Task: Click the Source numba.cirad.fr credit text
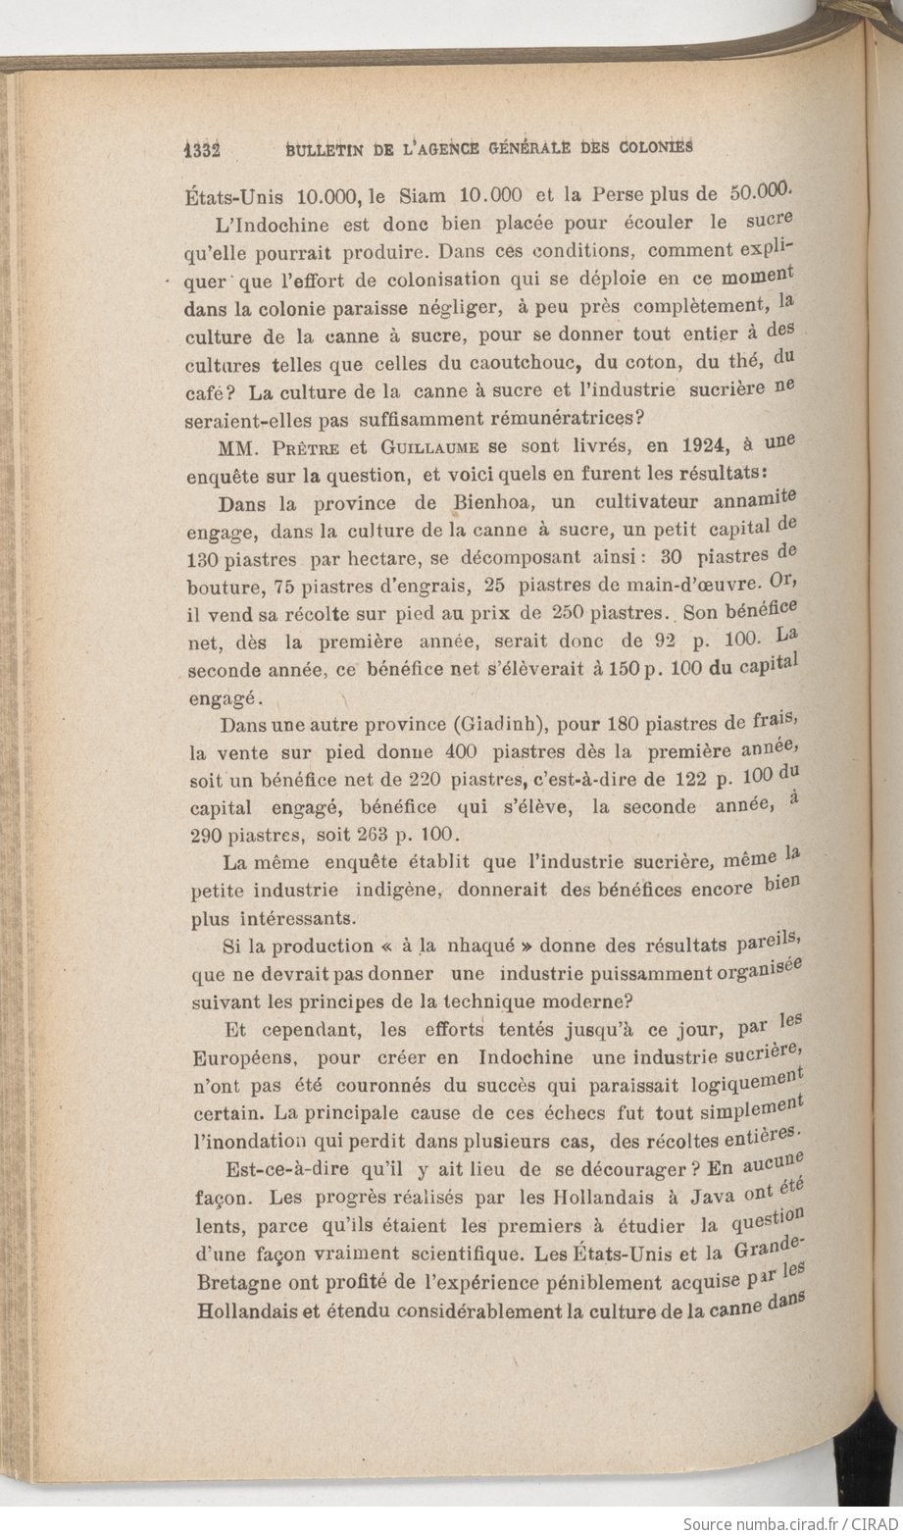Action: [x=790, y=1524]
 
